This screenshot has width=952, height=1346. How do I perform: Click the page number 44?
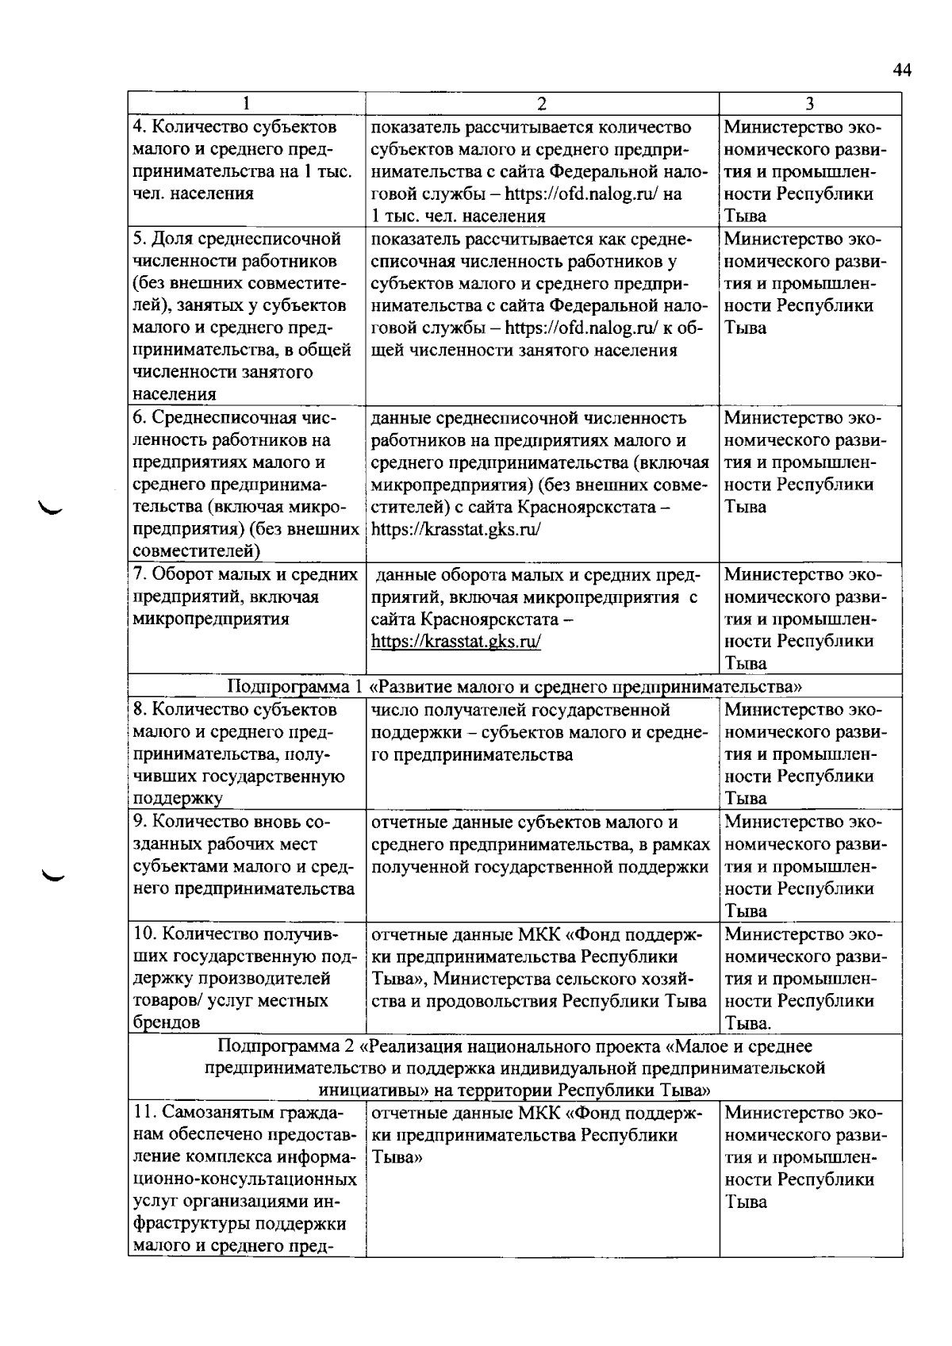(x=902, y=71)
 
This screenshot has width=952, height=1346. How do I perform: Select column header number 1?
(x=247, y=104)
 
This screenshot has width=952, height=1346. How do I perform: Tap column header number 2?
(x=542, y=104)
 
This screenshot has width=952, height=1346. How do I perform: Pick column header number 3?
(x=810, y=104)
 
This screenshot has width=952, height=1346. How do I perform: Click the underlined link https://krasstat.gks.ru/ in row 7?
(x=456, y=642)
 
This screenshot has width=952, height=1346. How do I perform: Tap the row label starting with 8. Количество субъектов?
(x=236, y=709)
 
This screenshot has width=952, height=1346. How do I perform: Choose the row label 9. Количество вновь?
(x=230, y=822)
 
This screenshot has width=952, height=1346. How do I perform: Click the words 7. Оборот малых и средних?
(x=247, y=574)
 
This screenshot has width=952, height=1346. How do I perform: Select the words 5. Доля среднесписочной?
(x=237, y=239)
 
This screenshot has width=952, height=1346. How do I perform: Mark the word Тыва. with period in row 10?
(x=748, y=1023)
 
